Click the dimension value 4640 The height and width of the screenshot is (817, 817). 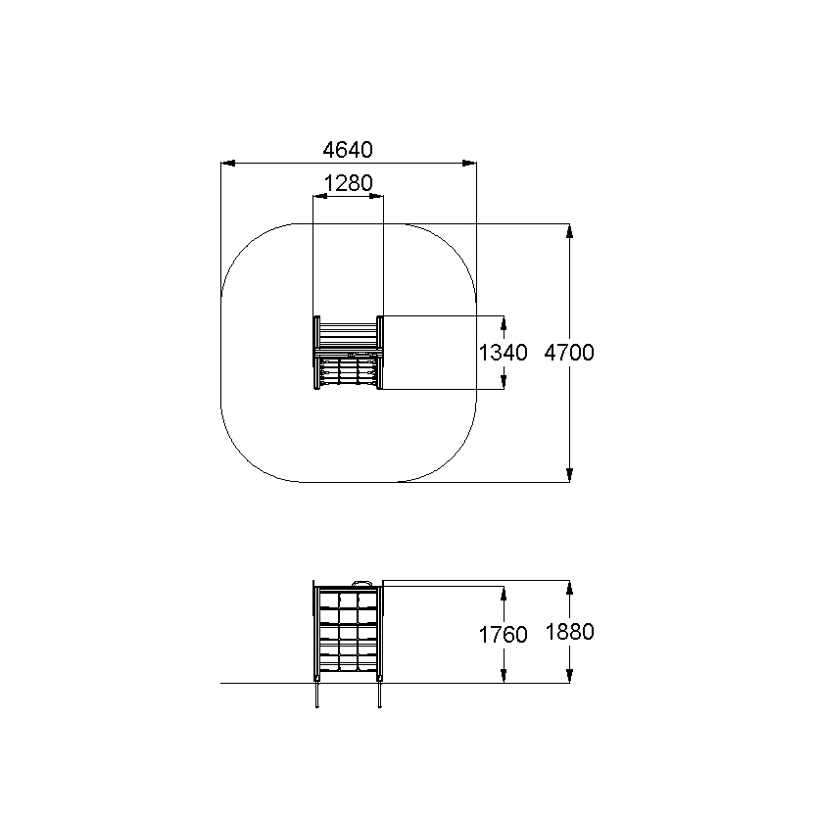(x=348, y=150)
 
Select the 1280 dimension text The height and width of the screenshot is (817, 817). (x=348, y=183)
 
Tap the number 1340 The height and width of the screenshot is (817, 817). (x=503, y=353)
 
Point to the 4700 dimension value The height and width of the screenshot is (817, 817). (x=569, y=353)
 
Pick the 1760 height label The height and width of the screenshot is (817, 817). (x=503, y=635)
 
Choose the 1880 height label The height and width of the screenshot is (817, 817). (x=569, y=632)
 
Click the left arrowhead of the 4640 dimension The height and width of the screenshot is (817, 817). (x=228, y=163)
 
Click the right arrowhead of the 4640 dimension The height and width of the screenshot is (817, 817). (x=469, y=163)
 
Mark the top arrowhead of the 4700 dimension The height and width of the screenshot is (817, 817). (x=569, y=231)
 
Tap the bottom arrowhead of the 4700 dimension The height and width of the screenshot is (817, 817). (x=569, y=475)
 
